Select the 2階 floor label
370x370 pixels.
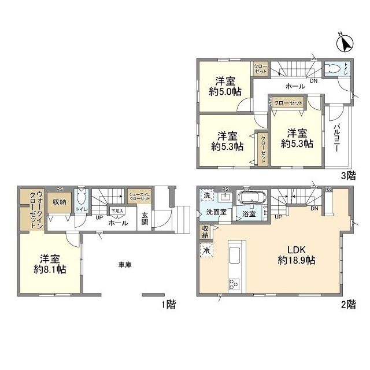coord(348,304)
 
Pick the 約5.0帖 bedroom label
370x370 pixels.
coord(225,86)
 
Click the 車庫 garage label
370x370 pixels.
coord(125,265)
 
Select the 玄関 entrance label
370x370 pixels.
coord(145,219)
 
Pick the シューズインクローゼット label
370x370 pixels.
coord(139,197)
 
